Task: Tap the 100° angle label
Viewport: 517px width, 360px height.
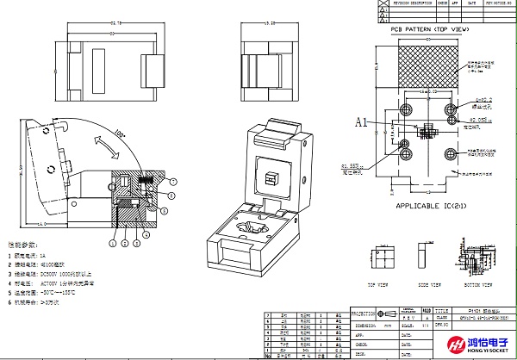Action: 117,133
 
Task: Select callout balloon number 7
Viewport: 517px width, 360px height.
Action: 172,181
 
